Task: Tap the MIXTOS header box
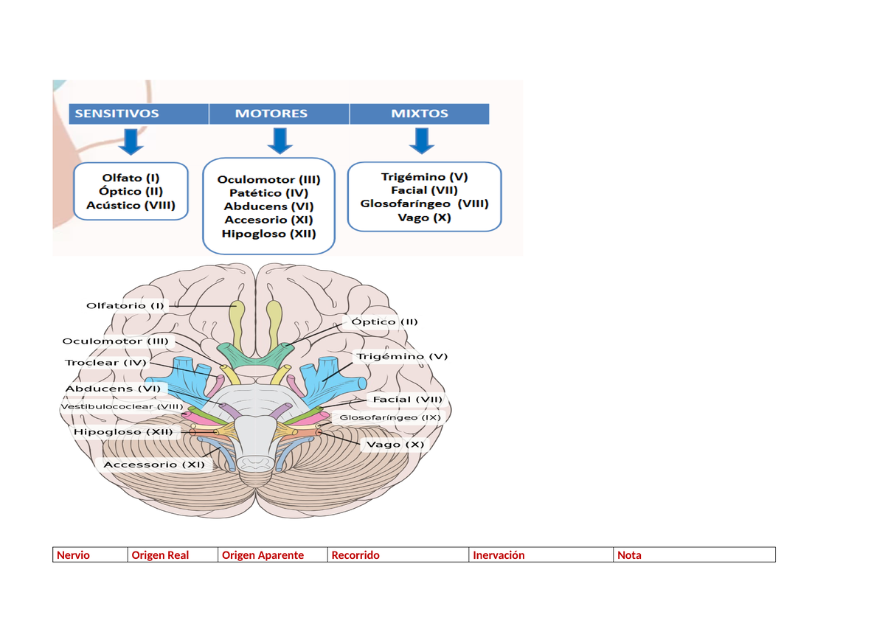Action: (419, 114)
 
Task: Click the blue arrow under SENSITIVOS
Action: (131, 141)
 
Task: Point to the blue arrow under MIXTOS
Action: (421, 141)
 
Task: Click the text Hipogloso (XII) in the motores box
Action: (268, 234)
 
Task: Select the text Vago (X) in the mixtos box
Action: (424, 218)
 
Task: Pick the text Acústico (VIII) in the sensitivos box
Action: (131, 205)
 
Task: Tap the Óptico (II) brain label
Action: (384, 321)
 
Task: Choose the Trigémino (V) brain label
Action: (402, 356)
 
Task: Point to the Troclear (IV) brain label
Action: (106, 362)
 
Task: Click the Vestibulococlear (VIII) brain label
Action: (122, 406)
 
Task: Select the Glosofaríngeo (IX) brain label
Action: (390, 417)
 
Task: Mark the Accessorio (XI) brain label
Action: (153, 465)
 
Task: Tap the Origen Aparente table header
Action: (263, 555)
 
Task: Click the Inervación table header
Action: (499, 555)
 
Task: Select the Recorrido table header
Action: (355, 555)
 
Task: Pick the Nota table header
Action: (629, 555)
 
